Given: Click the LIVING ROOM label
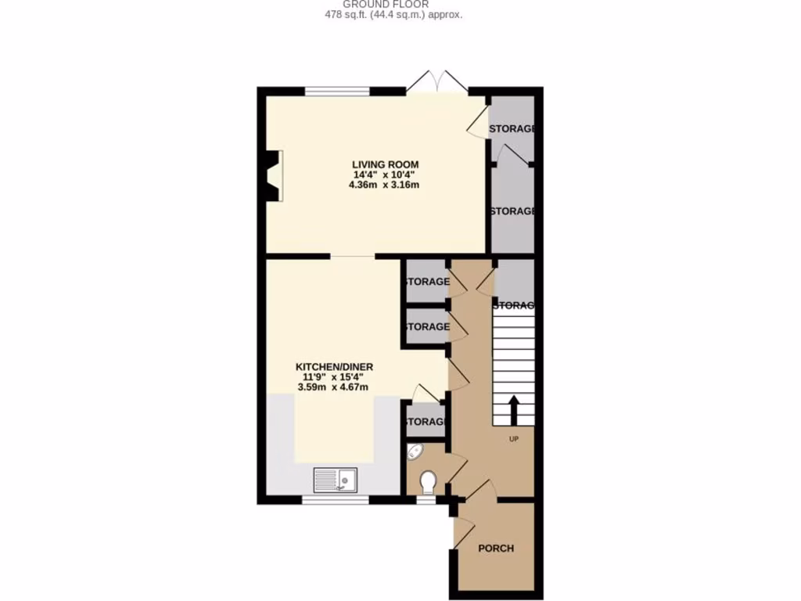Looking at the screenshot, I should tap(386, 164).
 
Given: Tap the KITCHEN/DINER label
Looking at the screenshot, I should tap(334, 366).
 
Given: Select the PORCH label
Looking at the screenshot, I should tap(496, 548).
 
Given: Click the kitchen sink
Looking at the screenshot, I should tap(335, 478).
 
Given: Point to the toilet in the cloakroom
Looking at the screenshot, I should tap(428, 481).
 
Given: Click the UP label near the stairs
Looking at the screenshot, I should tap(514, 439).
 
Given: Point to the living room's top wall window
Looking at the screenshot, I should tap(337, 92).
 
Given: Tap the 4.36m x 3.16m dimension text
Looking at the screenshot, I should tap(385, 185).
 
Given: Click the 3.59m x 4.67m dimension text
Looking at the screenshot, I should tap(334, 387).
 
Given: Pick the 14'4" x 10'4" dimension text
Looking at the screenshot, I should tap(386, 175).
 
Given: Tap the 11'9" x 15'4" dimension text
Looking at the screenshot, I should tap(334, 376).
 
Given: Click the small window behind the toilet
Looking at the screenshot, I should tap(426, 498).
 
